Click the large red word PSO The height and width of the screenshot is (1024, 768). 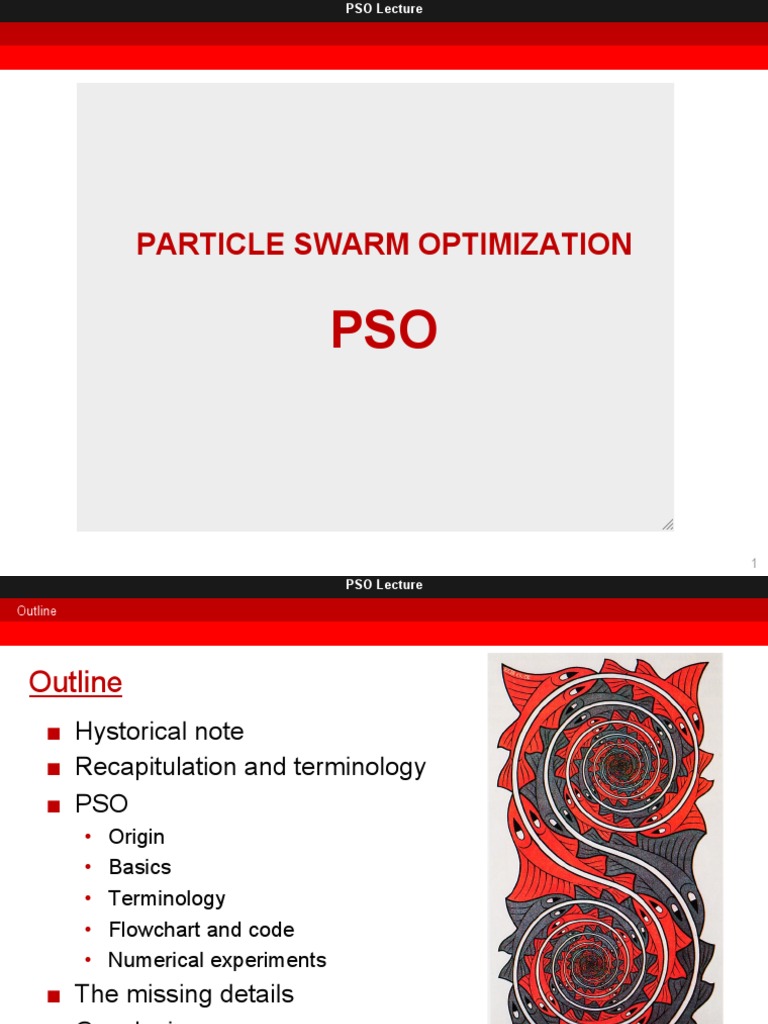point(384,331)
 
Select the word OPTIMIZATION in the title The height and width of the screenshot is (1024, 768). point(533,244)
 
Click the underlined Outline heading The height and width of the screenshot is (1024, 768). point(75,682)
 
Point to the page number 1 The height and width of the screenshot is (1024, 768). point(754,564)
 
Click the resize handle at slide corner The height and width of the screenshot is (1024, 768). point(667,524)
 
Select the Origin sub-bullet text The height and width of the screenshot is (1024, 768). point(136,836)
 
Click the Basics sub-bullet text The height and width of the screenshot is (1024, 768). point(139,867)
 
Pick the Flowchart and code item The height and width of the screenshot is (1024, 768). point(201,929)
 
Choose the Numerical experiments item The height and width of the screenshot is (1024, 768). point(217,960)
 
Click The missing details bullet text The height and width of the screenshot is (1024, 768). point(184,994)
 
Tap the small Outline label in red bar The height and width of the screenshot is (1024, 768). point(37,611)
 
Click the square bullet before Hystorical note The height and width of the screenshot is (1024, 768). point(54,733)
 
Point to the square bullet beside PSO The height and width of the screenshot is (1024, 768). point(54,805)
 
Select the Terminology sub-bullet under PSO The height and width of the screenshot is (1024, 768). point(166,898)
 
